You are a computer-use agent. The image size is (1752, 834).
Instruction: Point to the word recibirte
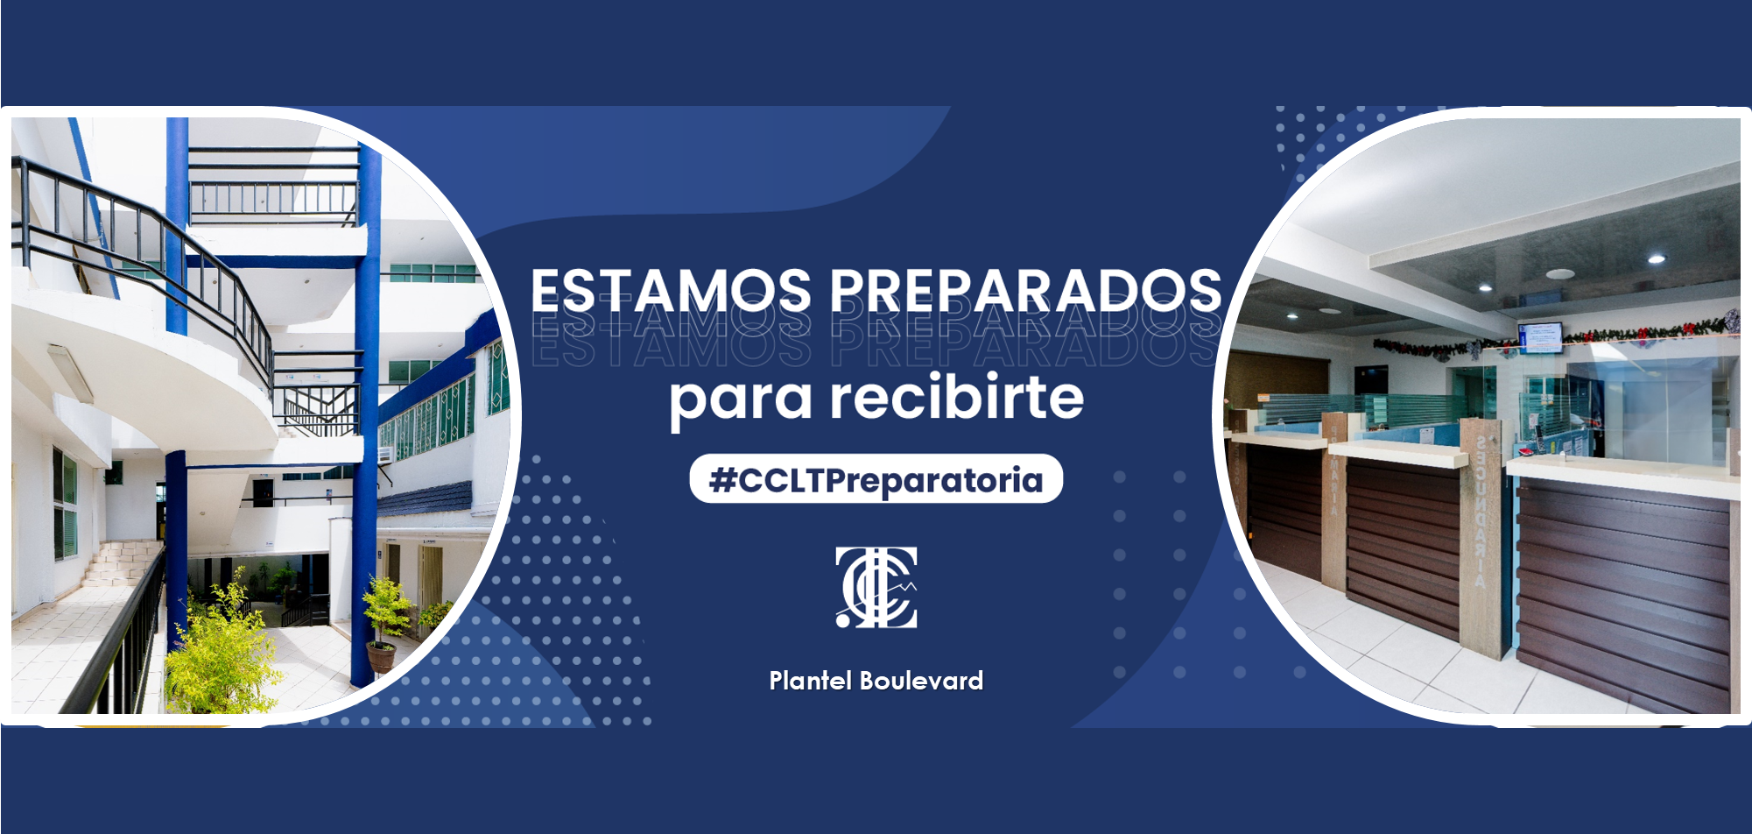click(957, 396)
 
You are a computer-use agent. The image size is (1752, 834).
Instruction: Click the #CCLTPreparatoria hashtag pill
click(876, 479)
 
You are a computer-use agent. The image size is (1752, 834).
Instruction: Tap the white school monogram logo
click(876, 587)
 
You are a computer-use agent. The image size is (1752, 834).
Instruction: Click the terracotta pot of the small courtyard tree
click(381, 657)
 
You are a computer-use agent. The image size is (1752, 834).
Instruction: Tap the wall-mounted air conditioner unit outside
click(385, 455)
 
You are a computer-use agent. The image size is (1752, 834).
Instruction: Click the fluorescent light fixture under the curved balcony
click(70, 372)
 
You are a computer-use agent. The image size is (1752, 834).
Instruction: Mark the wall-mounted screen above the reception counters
click(1539, 337)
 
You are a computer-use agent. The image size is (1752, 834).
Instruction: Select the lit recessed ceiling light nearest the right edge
click(1656, 259)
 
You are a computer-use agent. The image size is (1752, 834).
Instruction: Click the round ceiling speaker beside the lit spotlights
click(1559, 274)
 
